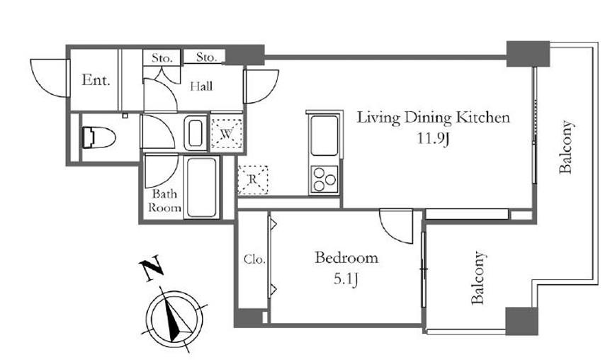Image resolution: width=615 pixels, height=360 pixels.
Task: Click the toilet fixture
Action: click(x=98, y=137)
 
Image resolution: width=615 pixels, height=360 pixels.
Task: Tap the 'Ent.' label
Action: click(x=96, y=80)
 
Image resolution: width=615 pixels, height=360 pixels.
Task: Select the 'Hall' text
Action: click(x=201, y=86)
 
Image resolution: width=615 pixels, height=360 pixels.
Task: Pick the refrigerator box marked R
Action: click(x=253, y=179)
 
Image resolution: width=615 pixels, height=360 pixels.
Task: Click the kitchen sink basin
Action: click(x=324, y=135)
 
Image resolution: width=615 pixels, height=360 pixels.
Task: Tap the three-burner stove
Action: click(x=325, y=179)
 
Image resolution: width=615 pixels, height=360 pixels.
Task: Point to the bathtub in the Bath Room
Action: click(x=202, y=187)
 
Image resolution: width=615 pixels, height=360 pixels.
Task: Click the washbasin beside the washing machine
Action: click(x=195, y=133)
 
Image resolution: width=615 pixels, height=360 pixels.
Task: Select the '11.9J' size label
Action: click(x=432, y=138)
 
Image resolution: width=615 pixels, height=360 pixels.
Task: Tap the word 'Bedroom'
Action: click(x=346, y=258)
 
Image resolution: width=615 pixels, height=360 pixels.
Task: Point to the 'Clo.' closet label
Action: click(x=254, y=259)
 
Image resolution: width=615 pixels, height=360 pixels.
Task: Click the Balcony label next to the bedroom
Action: click(x=478, y=278)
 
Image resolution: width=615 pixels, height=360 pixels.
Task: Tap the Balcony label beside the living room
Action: click(x=566, y=147)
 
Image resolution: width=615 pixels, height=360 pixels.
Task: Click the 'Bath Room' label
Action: click(x=164, y=201)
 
